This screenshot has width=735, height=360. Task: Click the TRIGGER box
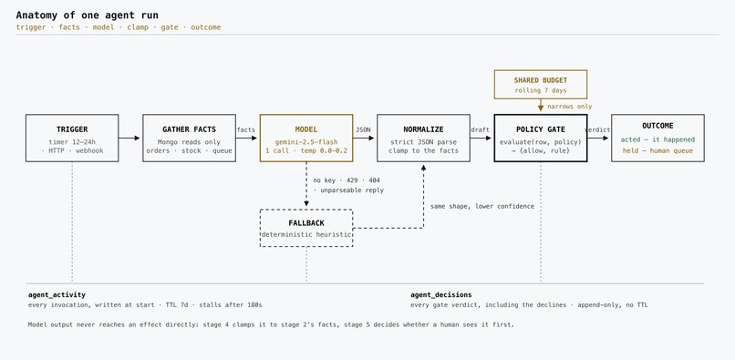click(x=72, y=138)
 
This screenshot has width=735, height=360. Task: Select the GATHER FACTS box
click(x=190, y=138)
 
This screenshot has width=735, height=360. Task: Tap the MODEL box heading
click(x=306, y=129)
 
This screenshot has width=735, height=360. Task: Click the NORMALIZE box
click(x=423, y=138)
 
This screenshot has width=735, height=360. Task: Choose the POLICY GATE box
click(x=541, y=138)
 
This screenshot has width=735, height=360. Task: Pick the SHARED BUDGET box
click(x=541, y=85)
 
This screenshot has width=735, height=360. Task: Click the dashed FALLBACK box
click(x=306, y=228)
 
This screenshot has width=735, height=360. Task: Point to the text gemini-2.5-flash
click(x=306, y=142)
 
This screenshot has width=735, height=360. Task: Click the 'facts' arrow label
click(x=246, y=129)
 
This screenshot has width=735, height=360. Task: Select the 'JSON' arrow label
click(x=363, y=129)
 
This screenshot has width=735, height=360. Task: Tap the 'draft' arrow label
click(x=480, y=129)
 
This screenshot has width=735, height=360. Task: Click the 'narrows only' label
click(x=570, y=107)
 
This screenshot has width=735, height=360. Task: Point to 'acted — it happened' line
click(x=657, y=139)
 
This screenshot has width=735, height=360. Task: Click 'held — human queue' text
click(x=657, y=150)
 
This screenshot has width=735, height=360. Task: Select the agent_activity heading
click(x=57, y=295)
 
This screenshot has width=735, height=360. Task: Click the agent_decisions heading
click(x=441, y=295)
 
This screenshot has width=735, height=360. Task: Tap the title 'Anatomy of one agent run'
click(x=88, y=15)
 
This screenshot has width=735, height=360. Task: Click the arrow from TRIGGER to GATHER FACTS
click(x=129, y=138)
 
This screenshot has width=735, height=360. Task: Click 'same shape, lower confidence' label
click(x=482, y=206)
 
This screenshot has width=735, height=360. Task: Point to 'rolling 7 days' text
click(x=541, y=90)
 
